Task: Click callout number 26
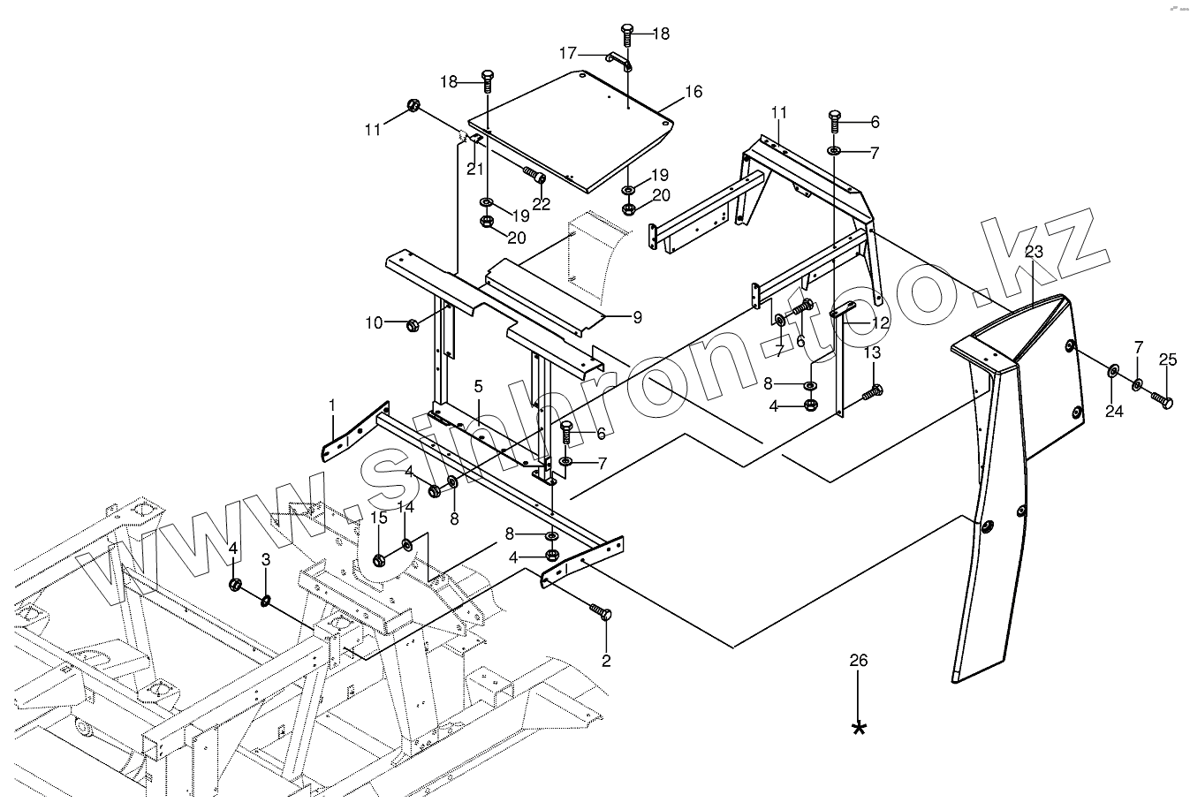(x=859, y=661)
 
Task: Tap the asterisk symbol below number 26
(x=859, y=727)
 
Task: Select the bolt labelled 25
(x=1162, y=402)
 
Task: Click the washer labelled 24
(x=1111, y=369)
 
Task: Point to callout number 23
(x=1035, y=252)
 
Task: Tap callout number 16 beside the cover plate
(x=694, y=91)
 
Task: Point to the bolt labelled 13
(x=870, y=392)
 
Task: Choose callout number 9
(x=637, y=317)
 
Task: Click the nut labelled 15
(x=380, y=559)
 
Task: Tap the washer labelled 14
(x=407, y=544)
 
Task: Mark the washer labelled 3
(x=265, y=602)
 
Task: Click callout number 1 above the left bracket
(x=332, y=405)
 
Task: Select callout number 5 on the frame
(x=478, y=386)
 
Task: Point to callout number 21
(x=474, y=169)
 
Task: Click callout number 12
(x=880, y=323)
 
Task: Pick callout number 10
(x=374, y=322)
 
